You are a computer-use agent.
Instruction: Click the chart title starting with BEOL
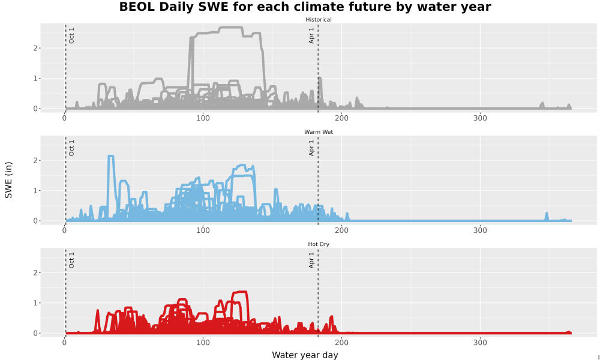pyautogui.click(x=305, y=7)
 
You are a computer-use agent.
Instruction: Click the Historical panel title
pyautogui.click(x=319, y=20)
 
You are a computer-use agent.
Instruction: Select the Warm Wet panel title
pyautogui.click(x=319, y=132)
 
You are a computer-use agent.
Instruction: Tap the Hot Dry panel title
pyautogui.click(x=319, y=244)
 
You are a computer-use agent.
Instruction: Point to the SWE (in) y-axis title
pyautogui.click(x=8, y=180)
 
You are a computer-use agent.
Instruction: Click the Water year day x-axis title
pyautogui.click(x=305, y=355)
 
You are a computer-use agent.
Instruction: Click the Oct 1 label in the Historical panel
pyautogui.click(x=71, y=35)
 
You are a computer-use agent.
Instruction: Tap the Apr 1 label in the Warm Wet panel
pyautogui.click(x=311, y=148)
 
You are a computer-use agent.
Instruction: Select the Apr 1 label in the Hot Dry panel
pyautogui.click(x=311, y=260)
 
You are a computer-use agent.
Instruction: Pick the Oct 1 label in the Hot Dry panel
pyautogui.click(x=71, y=260)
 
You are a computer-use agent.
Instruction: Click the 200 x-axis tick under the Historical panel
pyautogui.click(x=341, y=118)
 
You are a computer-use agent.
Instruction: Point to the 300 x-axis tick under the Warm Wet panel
pyautogui.click(x=480, y=230)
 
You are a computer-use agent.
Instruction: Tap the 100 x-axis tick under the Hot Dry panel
pyautogui.click(x=203, y=343)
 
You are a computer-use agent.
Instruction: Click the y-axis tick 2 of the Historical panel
pyautogui.click(x=35, y=48)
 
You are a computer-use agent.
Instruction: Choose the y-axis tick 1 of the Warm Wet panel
pyautogui.click(x=35, y=191)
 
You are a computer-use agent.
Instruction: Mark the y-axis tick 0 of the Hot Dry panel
pyautogui.click(x=35, y=333)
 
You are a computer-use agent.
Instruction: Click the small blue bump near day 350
pyautogui.click(x=547, y=217)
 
